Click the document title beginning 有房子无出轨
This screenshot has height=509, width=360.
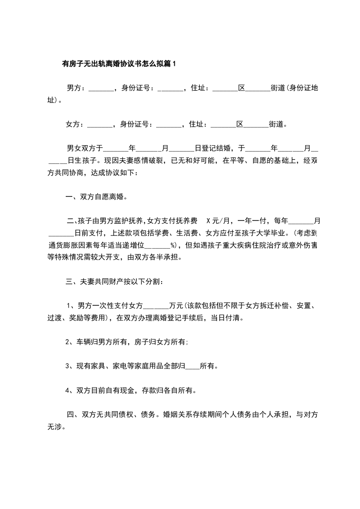coord(118,64)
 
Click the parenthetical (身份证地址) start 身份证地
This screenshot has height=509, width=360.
coord(303,88)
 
